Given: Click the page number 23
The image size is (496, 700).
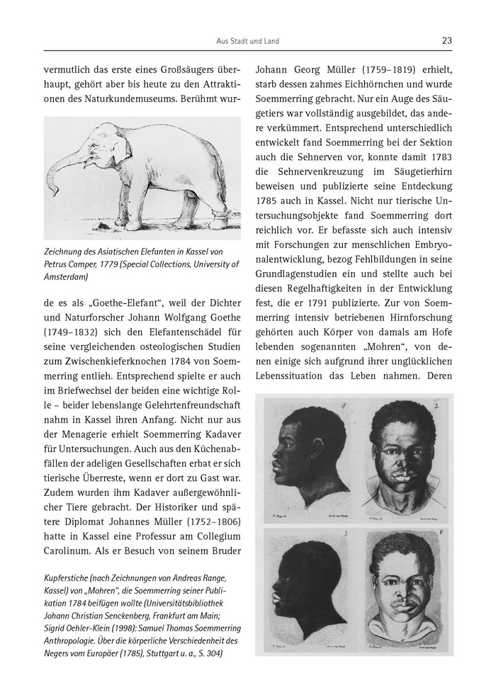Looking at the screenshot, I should click(x=446, y=40).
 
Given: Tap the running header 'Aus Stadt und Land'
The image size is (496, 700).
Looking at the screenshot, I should click(x=247, y=41).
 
